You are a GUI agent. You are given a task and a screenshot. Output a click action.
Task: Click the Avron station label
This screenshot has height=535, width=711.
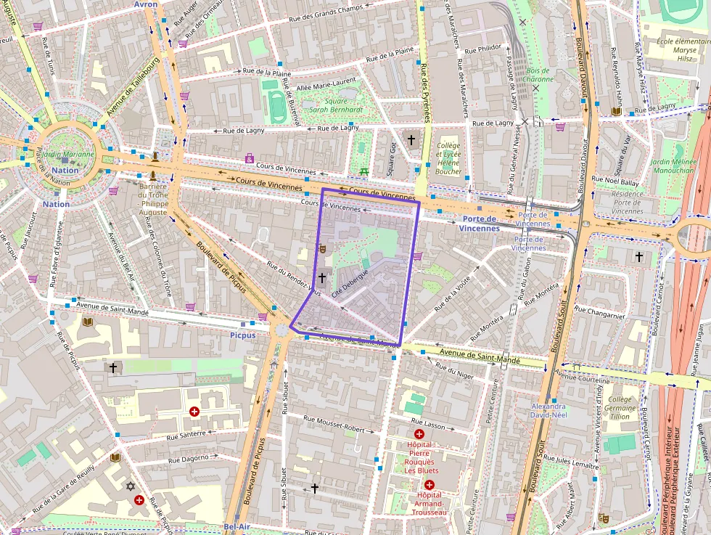coord(145,4)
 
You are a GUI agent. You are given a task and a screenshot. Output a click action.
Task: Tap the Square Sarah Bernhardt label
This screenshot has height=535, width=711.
coord(336,105)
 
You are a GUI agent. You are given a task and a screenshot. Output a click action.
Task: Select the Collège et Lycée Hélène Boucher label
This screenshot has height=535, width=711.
coord(448,158)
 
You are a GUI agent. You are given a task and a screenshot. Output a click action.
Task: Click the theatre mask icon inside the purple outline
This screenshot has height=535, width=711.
coord(322,248)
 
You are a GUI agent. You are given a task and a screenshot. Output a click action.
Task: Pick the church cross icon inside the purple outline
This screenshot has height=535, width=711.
coord(321,278)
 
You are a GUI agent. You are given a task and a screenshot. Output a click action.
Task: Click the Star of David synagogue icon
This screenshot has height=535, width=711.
coord(131,486)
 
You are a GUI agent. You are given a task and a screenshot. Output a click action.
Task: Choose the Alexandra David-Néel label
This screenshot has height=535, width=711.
coord(548,411)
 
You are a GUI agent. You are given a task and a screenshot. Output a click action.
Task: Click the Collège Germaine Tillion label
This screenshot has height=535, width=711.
coord(620,407)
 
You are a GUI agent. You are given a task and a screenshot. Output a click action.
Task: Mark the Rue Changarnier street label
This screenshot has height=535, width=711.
coord(599,312)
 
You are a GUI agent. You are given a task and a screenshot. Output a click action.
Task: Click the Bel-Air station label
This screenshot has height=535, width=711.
coord(237,526)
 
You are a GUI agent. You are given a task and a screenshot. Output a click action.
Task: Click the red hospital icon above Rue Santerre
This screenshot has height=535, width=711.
coord(194,412)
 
